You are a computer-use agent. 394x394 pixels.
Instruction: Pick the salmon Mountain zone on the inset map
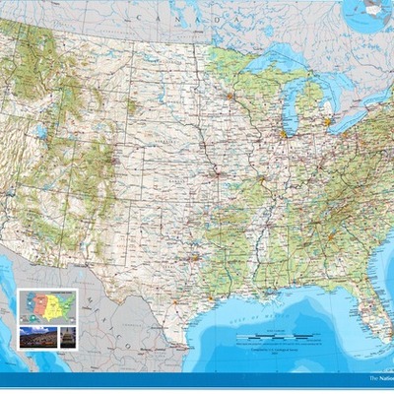pos(40,302)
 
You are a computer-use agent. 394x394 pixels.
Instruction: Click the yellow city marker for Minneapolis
pos(230,96)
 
